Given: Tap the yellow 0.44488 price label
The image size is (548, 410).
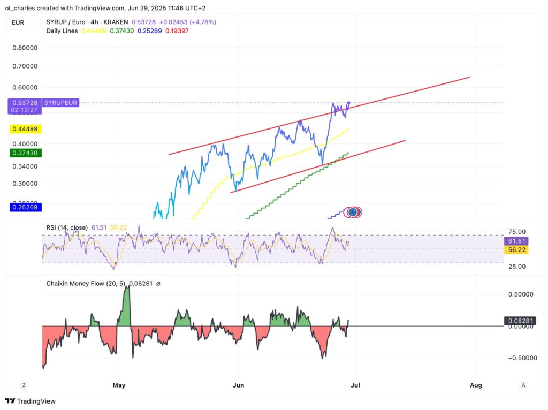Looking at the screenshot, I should (x=26, y=129).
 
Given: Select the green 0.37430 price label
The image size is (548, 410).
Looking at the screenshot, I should (x=26, y=153).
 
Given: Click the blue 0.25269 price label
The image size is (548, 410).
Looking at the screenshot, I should (x=26, y=207).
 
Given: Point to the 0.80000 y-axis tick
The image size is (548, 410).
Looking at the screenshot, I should (x=25, y=48).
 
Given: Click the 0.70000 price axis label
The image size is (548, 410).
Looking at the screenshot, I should (x=25, y=66).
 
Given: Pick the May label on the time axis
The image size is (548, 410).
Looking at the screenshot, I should (x=119, y=385).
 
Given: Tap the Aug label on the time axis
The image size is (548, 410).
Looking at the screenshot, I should (x=475, y=385).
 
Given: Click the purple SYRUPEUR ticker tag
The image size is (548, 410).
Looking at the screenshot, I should (x=60, y=102).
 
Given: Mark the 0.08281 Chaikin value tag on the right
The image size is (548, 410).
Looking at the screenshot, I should (x=520, y=321).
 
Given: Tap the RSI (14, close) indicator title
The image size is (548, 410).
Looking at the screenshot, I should (x=67, y=227).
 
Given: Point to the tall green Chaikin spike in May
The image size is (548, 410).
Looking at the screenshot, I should (x=127, y=305).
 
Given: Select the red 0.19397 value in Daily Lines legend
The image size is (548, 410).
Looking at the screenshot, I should (x=176, y=31).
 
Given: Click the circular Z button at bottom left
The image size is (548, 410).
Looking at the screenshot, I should (x=24, y=385).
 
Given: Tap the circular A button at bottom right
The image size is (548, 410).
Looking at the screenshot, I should (x=524, y=385).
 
